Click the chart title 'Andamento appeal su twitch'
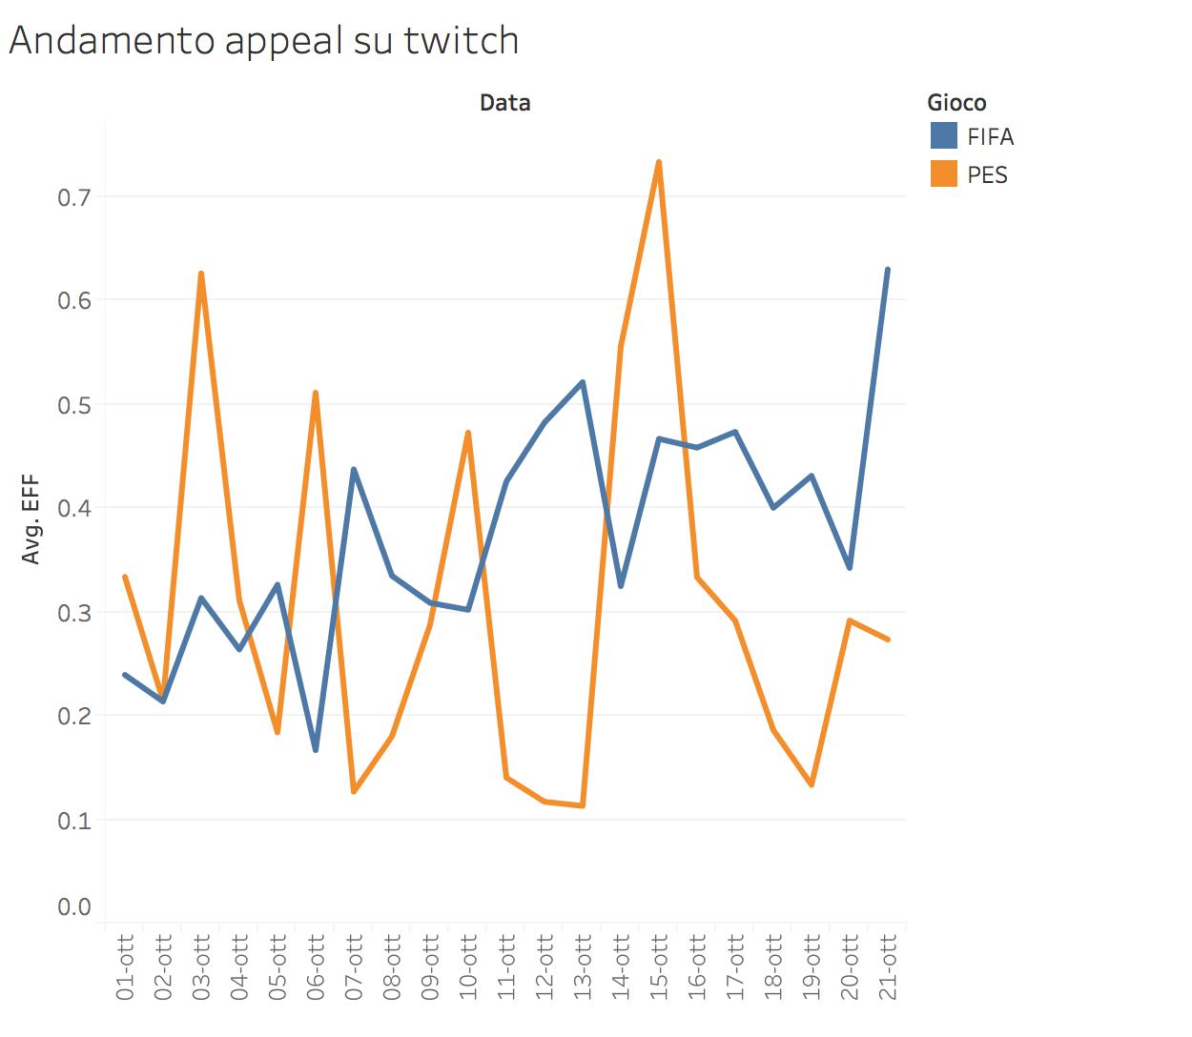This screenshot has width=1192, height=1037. coord(264,41)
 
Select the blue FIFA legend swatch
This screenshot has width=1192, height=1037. coord(944,135)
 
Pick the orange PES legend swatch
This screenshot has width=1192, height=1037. coord(944,173)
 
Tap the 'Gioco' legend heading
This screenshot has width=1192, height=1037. coord(956,103)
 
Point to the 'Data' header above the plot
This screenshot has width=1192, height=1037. coord(504,103)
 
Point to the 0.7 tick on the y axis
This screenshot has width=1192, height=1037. coord(73,197)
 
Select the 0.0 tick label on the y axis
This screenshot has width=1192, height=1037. coord(73,906)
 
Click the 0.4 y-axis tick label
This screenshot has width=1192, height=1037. coord(73,508)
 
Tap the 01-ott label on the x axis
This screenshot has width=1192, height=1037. coord(125,967)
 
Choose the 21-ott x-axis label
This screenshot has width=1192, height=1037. coord(888,967)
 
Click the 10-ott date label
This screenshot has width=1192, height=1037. coord(468,967)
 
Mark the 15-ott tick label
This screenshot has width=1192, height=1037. coord(659,967)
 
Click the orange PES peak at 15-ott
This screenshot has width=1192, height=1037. coord(659,162)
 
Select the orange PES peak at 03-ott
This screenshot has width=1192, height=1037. coord(201,274)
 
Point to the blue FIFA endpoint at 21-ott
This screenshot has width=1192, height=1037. coord(888,270)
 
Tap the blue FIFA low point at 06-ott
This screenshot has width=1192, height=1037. coord(316,750)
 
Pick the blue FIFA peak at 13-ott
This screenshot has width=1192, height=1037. coord(583,382)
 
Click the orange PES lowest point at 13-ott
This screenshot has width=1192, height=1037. coord(583,806)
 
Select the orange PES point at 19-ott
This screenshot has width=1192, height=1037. coord(812,785)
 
